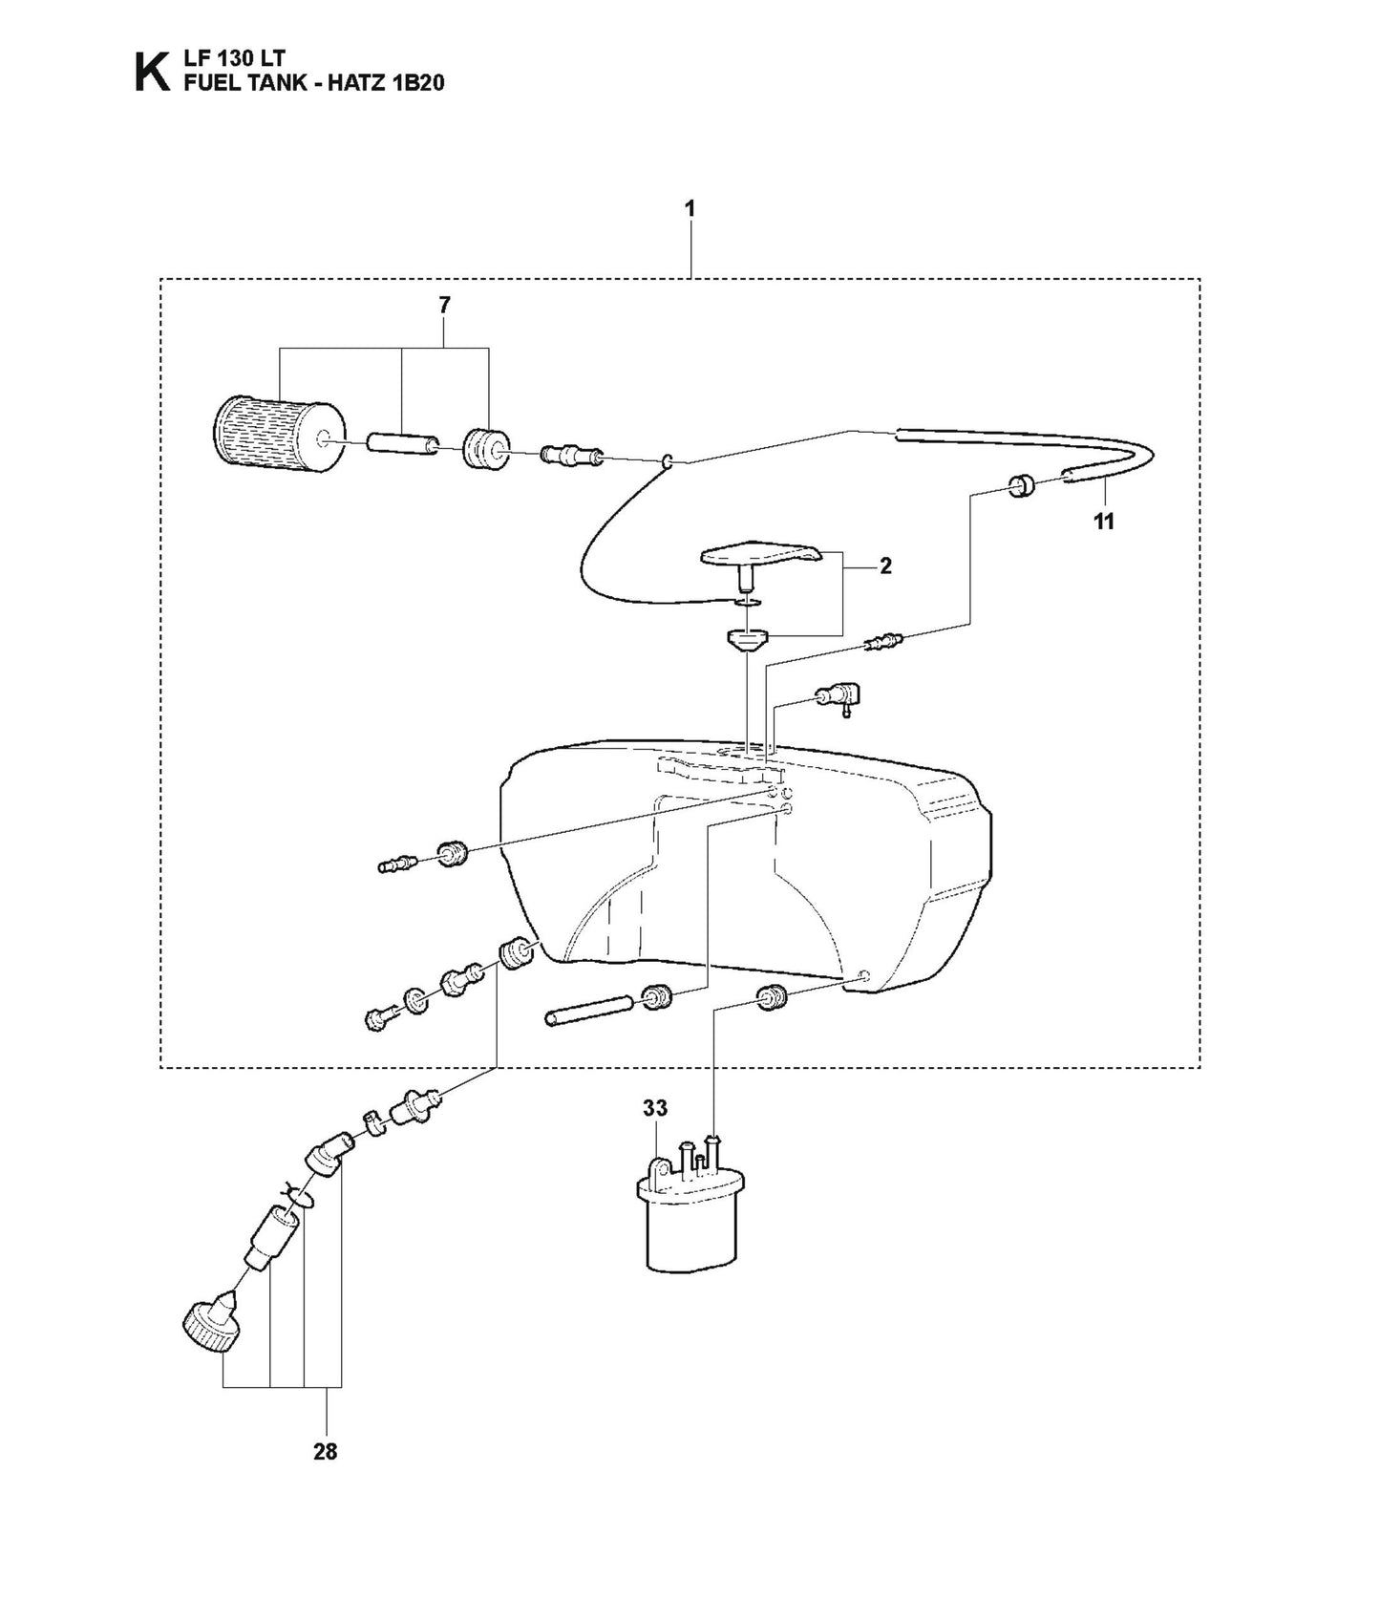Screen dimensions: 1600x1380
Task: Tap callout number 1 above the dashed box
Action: click(690, 208)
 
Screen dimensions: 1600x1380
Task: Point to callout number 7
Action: click(444, 306)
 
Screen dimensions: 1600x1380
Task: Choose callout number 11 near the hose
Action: click(1104, 522)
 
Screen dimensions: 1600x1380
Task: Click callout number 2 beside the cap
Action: click(885, 566)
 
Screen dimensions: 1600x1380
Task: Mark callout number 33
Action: click(654, 1109)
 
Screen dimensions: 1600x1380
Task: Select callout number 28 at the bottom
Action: click(326, 1452)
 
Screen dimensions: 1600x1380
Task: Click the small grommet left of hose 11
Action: click(1024, 486)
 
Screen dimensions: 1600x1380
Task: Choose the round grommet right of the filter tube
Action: click(485, 449)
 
